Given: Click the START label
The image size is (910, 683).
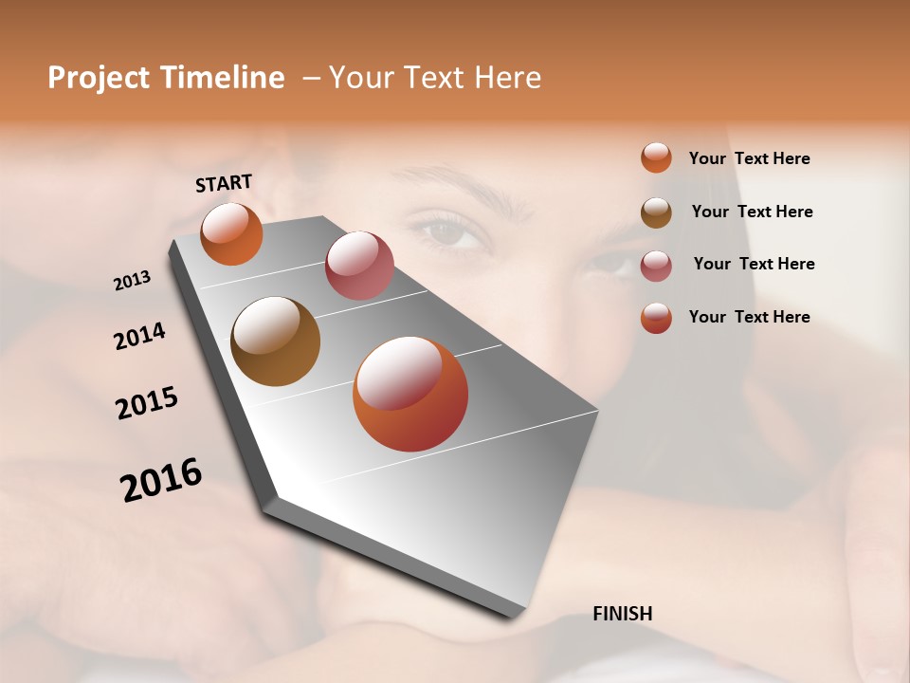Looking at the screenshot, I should (224, 182).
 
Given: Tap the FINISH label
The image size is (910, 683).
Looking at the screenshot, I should (622, 614).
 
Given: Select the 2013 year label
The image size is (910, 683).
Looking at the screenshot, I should (133, 280).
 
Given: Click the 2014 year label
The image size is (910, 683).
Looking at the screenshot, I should (140, 336).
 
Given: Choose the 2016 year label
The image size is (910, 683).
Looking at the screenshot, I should (161, 479).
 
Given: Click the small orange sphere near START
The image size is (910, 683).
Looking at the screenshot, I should (231, 233).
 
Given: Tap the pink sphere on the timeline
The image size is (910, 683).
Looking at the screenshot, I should (359, 265).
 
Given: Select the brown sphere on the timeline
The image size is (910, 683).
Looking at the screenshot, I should (275, 341).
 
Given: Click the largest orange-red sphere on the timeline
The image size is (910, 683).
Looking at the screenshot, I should (410, 394).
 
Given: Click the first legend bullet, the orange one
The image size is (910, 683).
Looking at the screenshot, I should (656, 157).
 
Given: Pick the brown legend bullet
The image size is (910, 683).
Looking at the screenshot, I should (656, 212).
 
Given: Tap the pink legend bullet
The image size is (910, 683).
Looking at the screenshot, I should (656, 265).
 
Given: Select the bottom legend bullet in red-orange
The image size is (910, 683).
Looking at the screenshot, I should (656, 318).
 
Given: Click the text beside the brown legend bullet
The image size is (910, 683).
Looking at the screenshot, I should (752, 212).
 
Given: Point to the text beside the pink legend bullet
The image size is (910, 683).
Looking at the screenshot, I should (754, 264).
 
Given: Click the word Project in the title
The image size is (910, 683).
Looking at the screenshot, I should (100, 78).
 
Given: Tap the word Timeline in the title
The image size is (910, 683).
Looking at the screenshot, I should (222, 78).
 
